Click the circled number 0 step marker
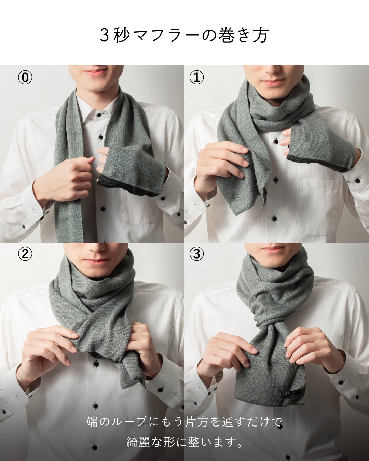coord(25,77)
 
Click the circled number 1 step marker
coord(196,77)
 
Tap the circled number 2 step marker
coord(25,254)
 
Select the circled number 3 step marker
coord(196,254)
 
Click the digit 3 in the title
coord(105,36)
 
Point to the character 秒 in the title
coord(122,36)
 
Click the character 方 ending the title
coord(260,36)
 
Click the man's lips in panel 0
coord(96,73)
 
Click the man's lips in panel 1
coord(273,82)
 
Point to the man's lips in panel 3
coord(273,249)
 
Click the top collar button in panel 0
coord(99,115)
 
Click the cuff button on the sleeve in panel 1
coord(357,181)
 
